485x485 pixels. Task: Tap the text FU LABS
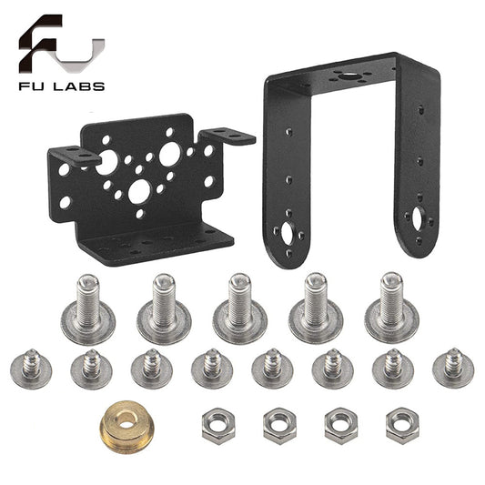click(60, 86)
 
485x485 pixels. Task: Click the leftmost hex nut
click(215, 424)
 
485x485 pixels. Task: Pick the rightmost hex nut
click(401, 423)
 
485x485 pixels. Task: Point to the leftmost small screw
click(30, 368)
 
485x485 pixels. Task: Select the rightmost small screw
click(452, 367)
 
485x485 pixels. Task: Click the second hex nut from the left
click(278, 424)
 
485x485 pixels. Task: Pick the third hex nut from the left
click(340, 424)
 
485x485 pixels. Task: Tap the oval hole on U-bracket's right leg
click(418, 218)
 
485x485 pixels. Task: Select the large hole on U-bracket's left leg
click(288, 233)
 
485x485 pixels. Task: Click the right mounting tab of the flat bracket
click(228, 137)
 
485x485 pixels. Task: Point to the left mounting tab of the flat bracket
click(74, 154)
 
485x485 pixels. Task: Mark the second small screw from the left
click(90, 368)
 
